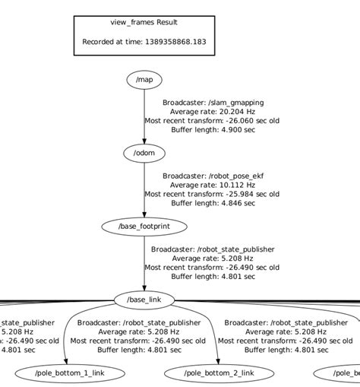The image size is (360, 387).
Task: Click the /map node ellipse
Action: coord(144,80)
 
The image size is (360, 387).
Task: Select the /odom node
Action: coord(144,153)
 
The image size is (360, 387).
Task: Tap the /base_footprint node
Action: coord(144,227)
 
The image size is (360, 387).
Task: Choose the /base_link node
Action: coord(144,300)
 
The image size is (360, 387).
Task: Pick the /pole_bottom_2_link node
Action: coord(219,373)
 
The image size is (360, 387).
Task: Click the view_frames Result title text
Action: coord(144,23)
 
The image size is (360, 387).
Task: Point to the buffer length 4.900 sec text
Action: coord(213,129)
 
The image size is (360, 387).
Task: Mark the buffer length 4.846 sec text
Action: coord(213,203)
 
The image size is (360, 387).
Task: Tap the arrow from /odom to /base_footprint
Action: coord(144,189)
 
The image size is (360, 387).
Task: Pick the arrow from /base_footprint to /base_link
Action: coord(144,263)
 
